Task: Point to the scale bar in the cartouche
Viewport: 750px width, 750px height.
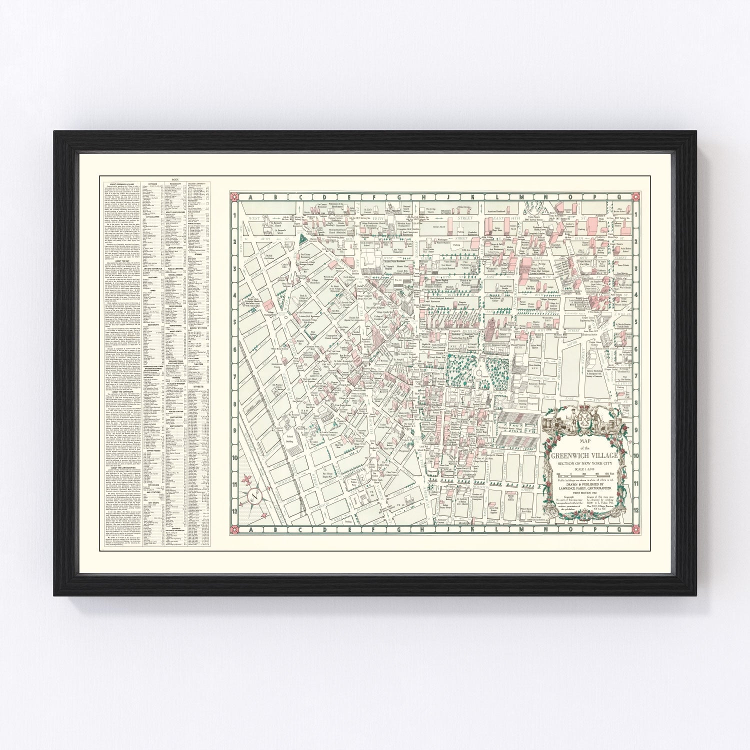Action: click(583, 473)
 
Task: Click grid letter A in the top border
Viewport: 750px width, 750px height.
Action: click(248, 197)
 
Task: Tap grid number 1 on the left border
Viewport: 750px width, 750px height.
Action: click(233, 215)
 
